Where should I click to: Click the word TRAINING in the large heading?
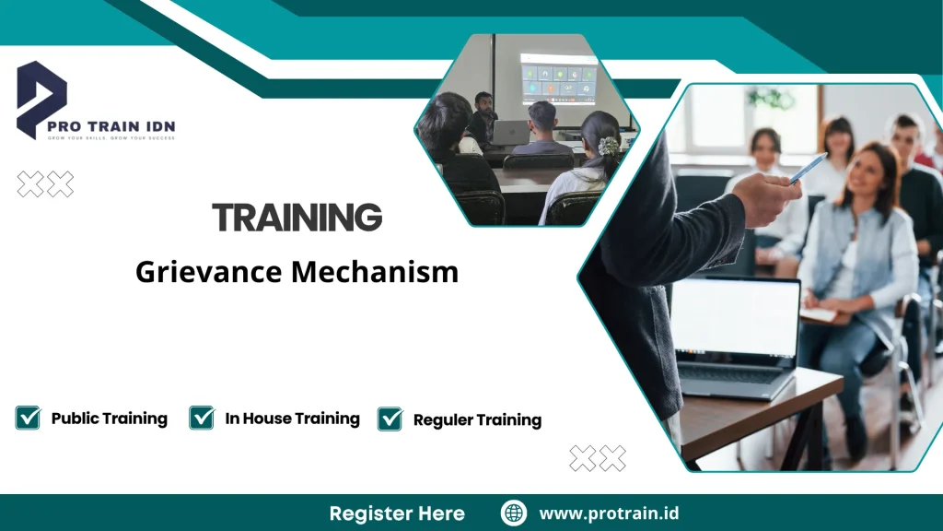coord(297,218)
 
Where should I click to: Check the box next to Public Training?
coord(28,418)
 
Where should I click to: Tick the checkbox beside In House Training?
coord(202,418)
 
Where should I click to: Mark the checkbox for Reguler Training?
coord(390,419)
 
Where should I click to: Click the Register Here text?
coord(397,513)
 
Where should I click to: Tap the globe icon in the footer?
coord(513,513)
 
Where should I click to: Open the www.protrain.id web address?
coord(609,513)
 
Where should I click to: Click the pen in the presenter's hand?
coord(809,168)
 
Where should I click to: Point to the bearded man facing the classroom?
coord(483,112)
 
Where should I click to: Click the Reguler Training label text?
coord(477,420)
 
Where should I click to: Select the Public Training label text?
coord(109,419)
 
